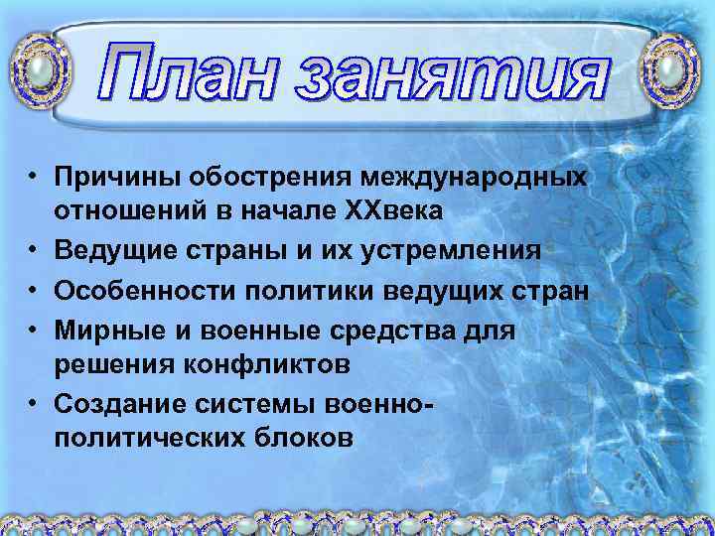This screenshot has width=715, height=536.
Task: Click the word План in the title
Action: pos(199,71)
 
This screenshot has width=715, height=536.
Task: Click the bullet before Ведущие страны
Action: pos(33,251)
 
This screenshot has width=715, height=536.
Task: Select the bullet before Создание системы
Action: pos(33,403)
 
